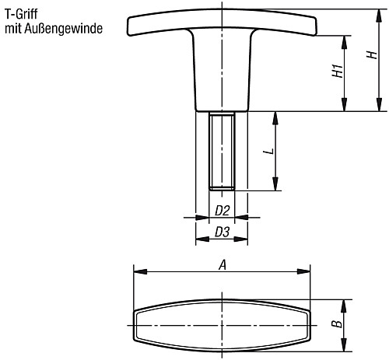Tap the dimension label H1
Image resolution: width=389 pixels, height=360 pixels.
[337, 72]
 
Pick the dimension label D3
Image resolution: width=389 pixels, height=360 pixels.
[222, 232]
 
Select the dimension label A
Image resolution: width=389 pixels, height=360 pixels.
[223, 264]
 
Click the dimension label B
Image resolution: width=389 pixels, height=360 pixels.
[334, 323]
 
